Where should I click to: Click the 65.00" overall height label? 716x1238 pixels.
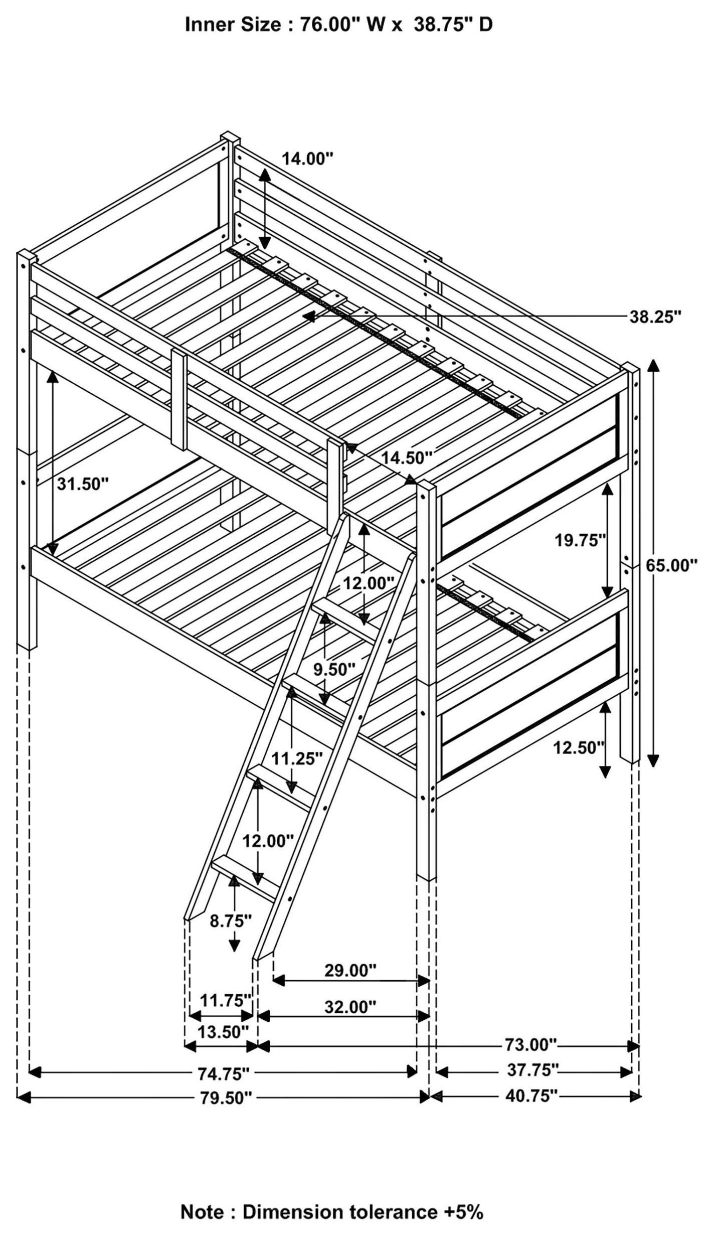[671, 566]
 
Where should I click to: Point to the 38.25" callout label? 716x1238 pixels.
[655, 317]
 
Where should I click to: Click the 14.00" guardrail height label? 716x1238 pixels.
[307, 159]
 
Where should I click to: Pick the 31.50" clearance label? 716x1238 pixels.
[83, 484]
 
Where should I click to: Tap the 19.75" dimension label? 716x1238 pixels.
[581, 540]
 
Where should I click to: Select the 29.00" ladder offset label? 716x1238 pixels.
[350, 971]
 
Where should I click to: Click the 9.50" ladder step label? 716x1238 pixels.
[334, 669]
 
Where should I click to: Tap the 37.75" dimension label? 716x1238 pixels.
[532, 1069]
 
